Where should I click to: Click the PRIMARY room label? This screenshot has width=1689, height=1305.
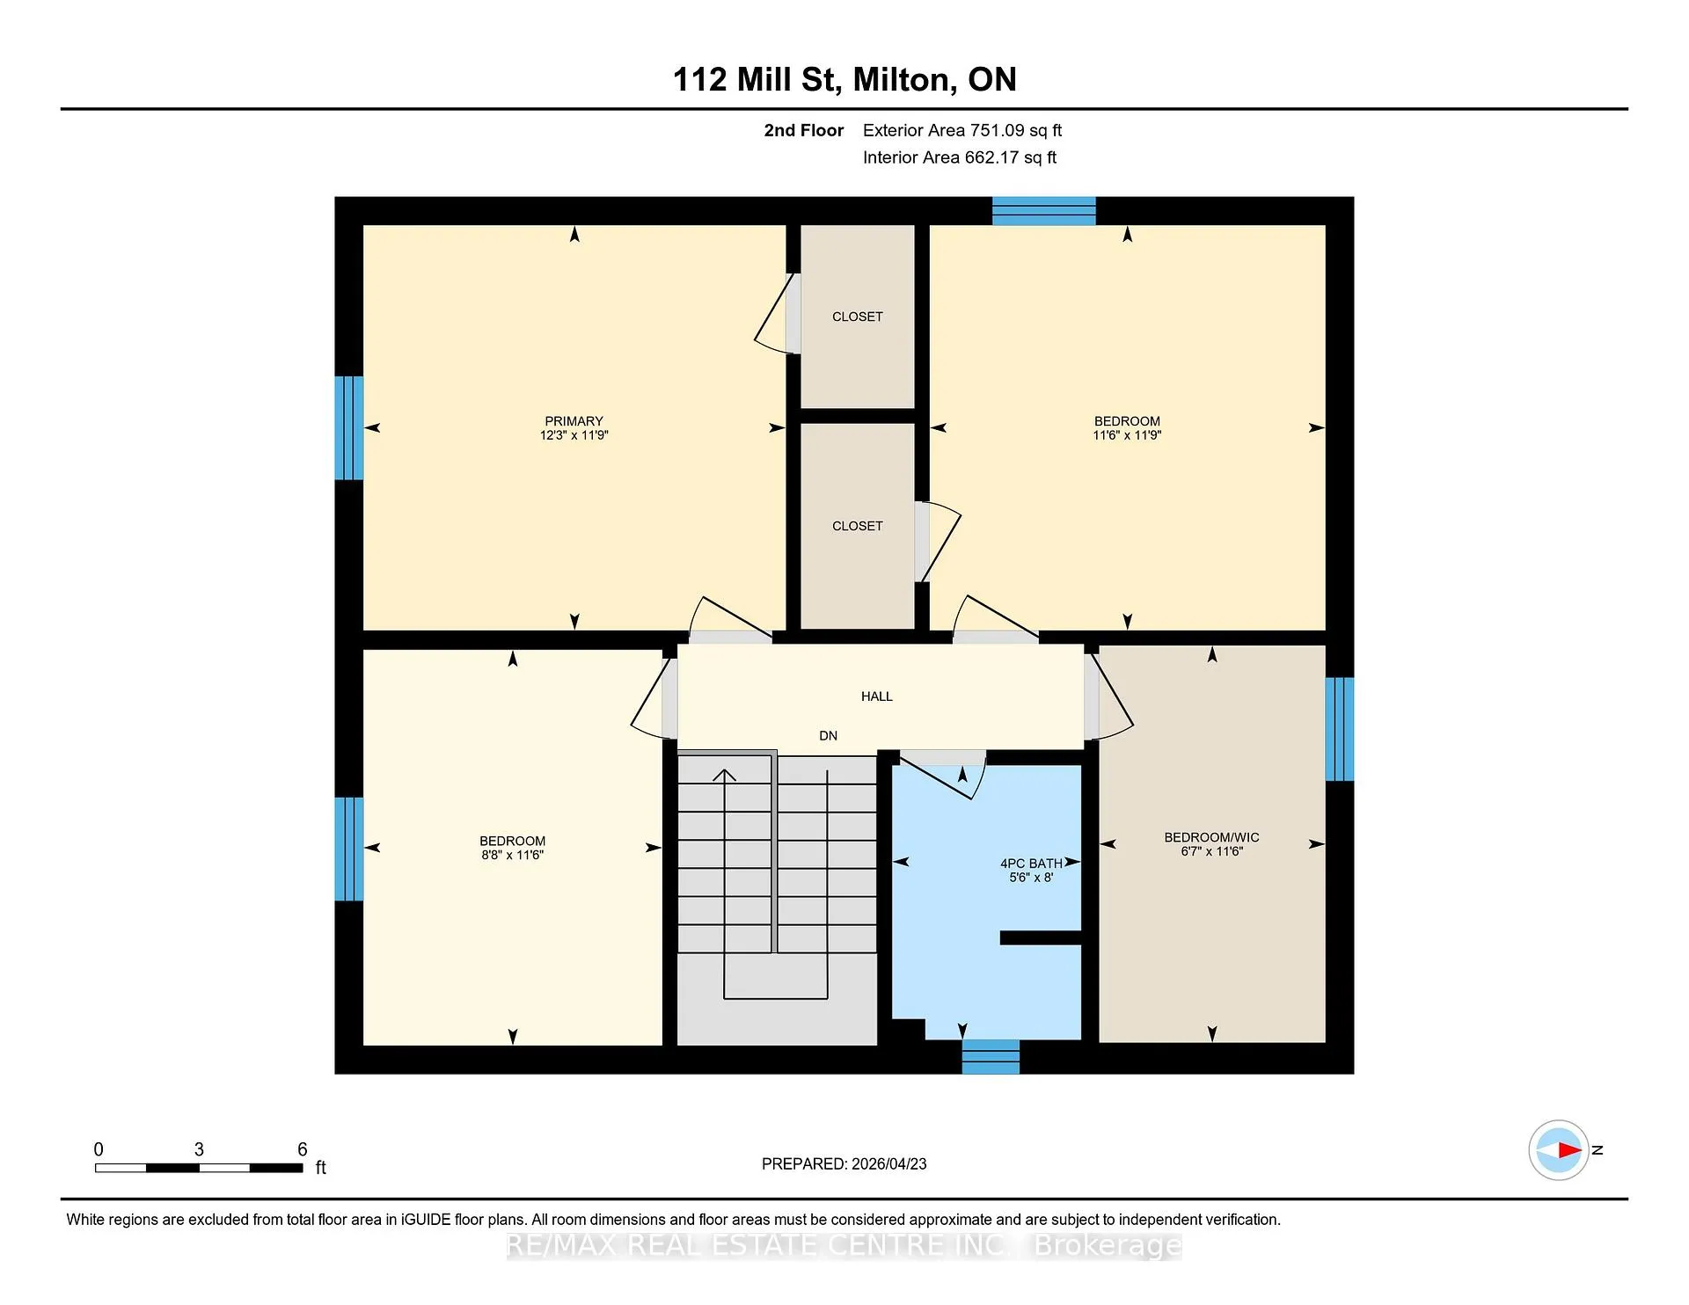tap(574, 421)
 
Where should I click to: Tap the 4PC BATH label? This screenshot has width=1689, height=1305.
tap(1031, 864)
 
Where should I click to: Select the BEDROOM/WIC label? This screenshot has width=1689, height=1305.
tap(1211, 837)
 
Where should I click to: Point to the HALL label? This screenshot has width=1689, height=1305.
tap(876, 696)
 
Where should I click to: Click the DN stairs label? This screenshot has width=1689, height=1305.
tap(828, 736)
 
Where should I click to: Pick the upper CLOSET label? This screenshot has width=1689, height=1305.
tap(857, 317)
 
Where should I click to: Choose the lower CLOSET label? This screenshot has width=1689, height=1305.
tap(857, 526)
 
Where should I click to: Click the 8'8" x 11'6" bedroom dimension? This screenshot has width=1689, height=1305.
tap(512, 855)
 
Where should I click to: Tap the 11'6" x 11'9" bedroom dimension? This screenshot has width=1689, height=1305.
tap(1127, 435)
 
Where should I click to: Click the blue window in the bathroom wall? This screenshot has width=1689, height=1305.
tap(991, 1057)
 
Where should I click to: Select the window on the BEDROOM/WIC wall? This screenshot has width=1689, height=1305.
tap(1340, 729)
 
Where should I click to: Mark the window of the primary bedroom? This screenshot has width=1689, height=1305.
tap(349, 428)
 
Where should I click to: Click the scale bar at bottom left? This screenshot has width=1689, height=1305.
tap(199, 1168)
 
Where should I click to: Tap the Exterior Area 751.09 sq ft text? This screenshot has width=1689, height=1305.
tap(962, 130)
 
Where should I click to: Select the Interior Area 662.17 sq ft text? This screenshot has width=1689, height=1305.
tap(960, 157)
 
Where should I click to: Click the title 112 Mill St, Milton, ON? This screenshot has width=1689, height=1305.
tap(844, 79)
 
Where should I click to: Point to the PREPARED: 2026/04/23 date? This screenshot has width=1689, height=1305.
tap(844, 1164)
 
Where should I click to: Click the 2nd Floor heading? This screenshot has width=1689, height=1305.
tap(803, 130)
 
